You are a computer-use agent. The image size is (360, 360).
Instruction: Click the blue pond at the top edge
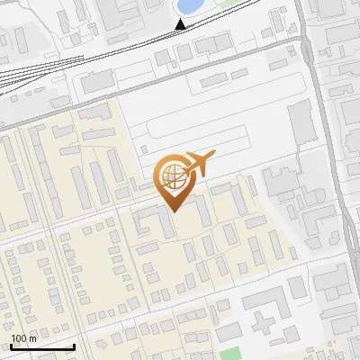click(189, 6)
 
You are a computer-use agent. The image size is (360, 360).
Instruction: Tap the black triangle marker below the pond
click(181, 23)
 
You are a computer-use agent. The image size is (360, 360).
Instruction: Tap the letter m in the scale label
click(33, 338)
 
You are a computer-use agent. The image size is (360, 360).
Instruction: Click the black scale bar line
click(41, 346)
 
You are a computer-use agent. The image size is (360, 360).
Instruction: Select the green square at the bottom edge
click(231, 353)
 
